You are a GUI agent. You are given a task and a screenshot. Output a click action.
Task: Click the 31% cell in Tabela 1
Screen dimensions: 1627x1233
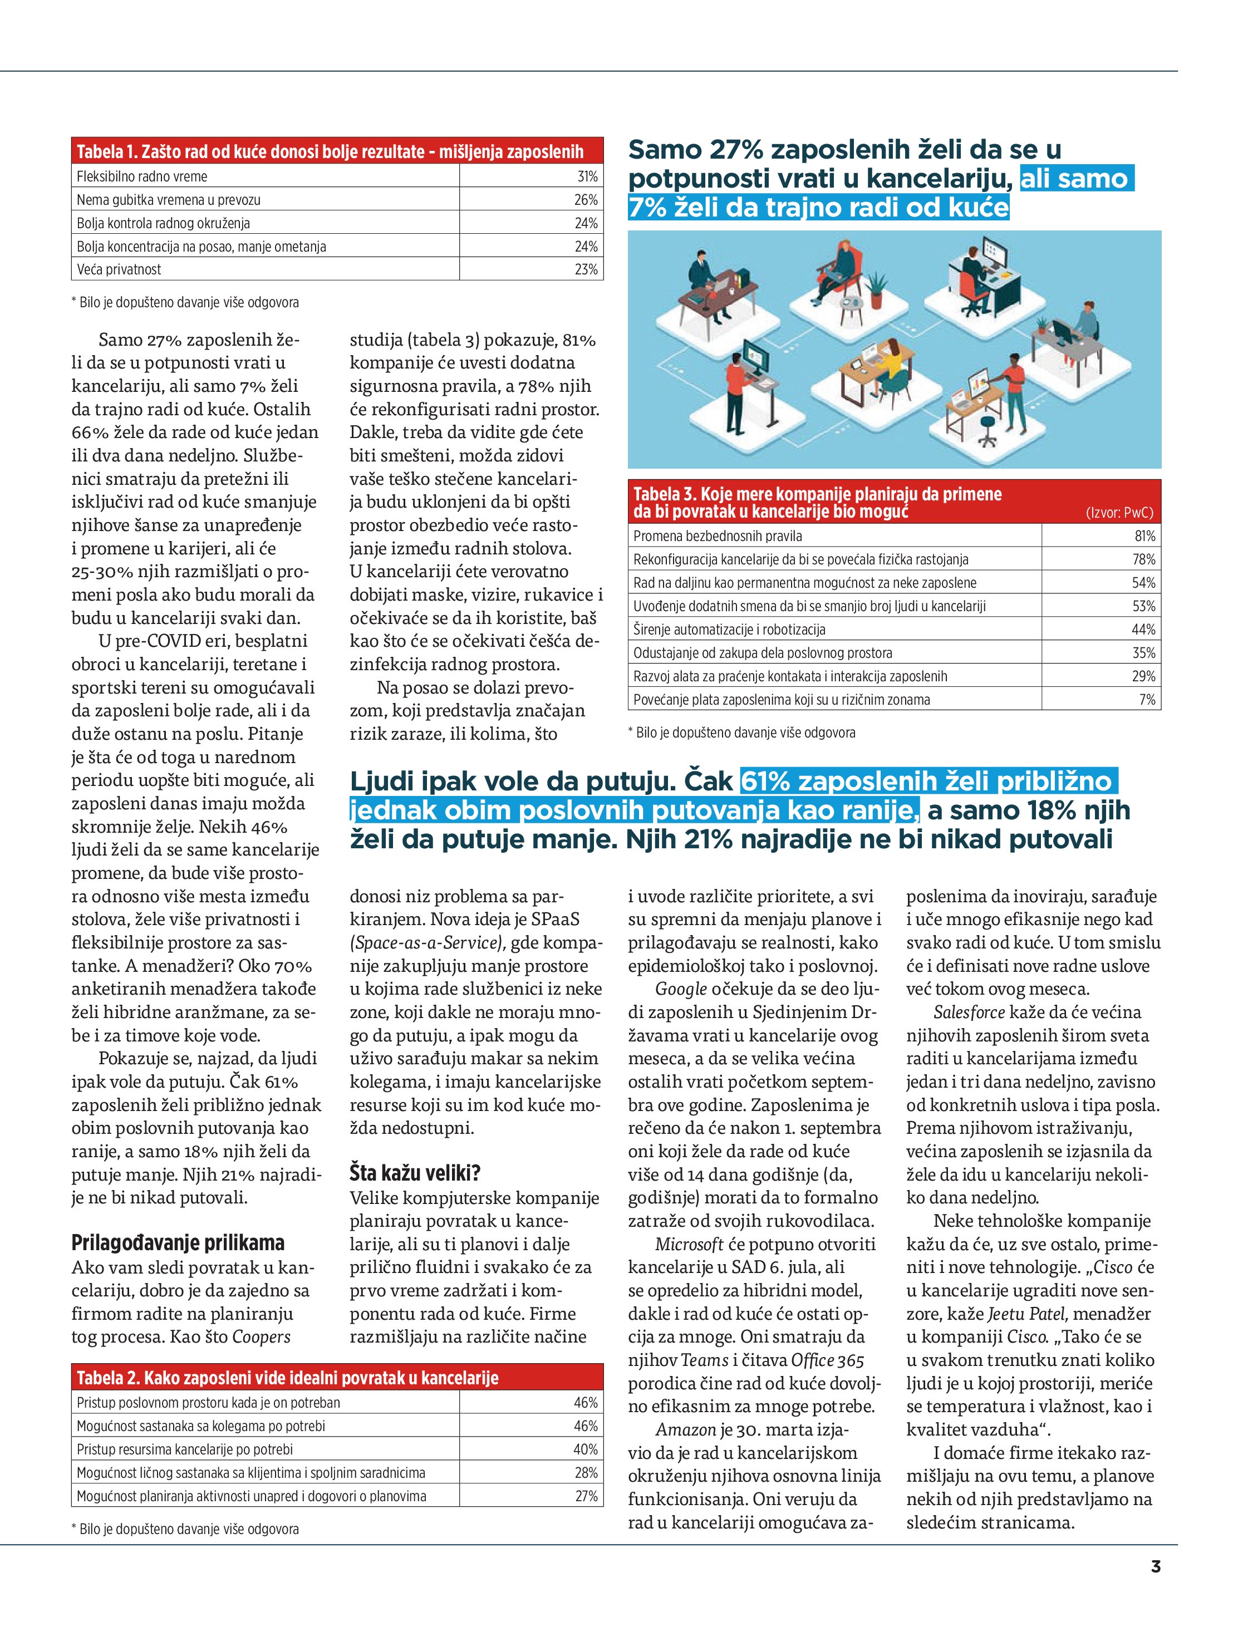point(586,176)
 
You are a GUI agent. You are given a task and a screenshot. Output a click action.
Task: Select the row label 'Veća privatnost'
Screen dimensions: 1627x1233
point(119,269)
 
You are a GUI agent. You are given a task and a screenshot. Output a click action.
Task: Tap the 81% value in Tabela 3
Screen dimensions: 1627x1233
point(1144,536)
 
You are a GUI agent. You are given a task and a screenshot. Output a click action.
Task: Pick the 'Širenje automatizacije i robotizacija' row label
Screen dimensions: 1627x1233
point(729,630)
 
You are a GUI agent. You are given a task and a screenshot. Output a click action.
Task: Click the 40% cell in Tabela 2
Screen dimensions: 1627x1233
point(586,1449)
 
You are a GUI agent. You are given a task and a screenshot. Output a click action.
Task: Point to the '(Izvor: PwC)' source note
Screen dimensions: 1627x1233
point(1119,513)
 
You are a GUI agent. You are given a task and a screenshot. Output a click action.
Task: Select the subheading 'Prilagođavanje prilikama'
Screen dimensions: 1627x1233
point(178,1243)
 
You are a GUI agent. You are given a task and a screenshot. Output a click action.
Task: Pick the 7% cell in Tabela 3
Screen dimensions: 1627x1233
point(1147,700)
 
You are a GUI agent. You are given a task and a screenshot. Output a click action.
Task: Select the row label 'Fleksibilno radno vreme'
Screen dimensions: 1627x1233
point(142,176)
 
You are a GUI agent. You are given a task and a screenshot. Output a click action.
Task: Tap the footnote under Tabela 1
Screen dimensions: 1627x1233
point(185,302)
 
